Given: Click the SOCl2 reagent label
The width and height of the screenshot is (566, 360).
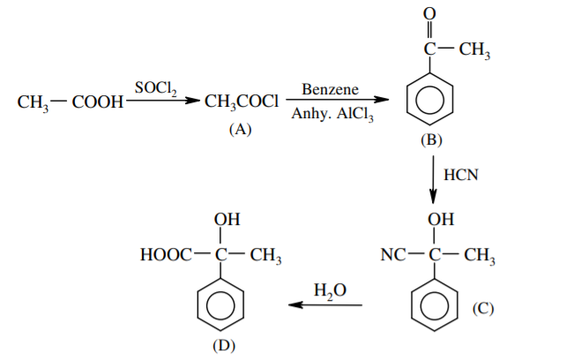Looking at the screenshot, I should click(155, 87).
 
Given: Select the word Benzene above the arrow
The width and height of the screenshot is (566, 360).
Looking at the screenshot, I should click(327, 90).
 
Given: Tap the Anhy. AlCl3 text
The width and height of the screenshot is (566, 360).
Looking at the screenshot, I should click(331, 116).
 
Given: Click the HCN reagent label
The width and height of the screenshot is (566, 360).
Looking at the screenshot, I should click(460, 174).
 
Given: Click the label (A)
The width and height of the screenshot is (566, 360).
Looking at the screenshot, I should click(240, 129).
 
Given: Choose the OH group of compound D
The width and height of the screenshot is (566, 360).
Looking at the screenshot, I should click(225, 219).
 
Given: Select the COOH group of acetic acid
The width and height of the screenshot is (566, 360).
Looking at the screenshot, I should click(97, 103).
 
